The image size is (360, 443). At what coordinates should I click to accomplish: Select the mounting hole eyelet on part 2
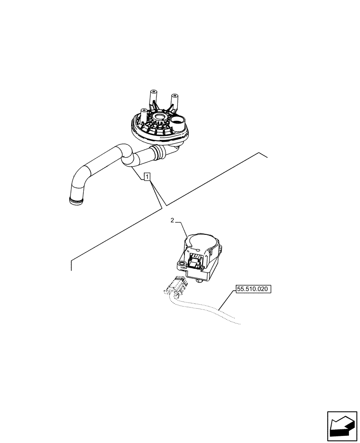coord(181,264)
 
